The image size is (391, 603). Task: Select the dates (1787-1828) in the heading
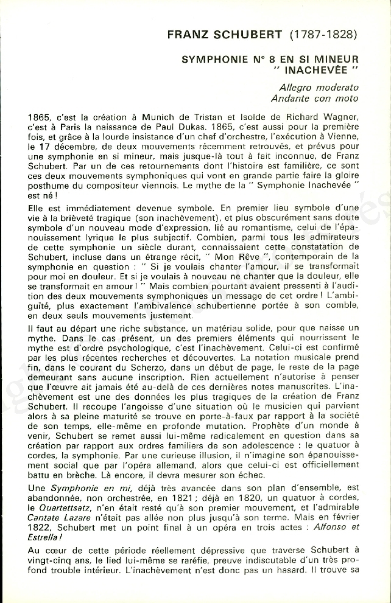point(323,35)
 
